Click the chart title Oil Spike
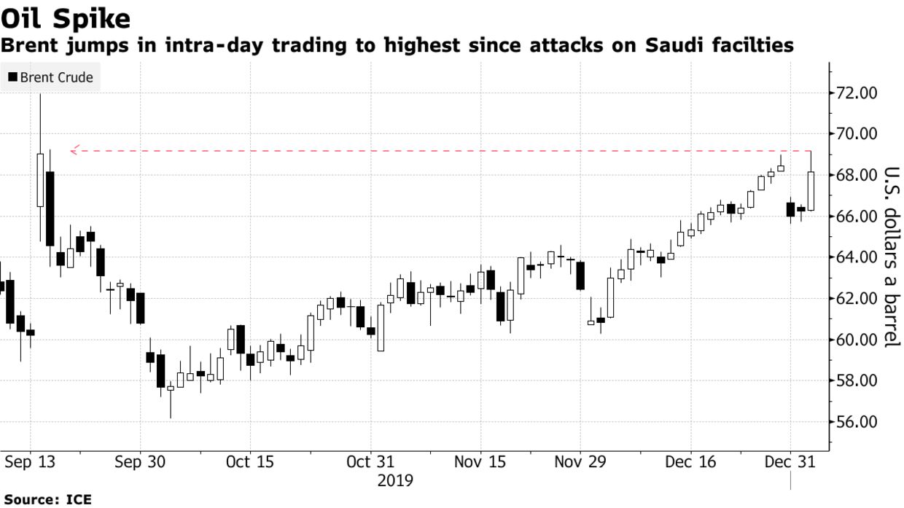(x=66, y=17)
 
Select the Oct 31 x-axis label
(x=370, y=462)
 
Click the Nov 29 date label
(x=581, y=462)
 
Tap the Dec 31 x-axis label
(x=790, y=462)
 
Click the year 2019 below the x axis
(x=395, y=481)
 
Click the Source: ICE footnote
(x=45, y=500)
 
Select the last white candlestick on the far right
(x=811, y=191)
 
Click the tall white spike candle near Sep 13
(x=40, y=180)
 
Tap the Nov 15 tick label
(x=480, y=462)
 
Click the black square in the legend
(x=12, y=77)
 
